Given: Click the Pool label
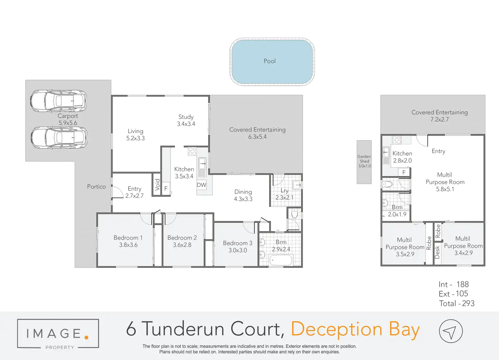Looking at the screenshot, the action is pos(270,61).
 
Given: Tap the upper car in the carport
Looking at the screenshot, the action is pos(58,101).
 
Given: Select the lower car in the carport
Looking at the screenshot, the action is pos(59,137).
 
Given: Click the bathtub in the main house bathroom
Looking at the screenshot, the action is pos(281,261).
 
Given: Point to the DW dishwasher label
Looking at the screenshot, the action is pos(201,185).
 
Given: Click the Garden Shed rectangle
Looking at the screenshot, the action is pos(364,162).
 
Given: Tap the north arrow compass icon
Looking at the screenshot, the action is pos(451,331).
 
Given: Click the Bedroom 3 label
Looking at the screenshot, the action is pos(237,243).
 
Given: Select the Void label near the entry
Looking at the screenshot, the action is pos(157,185).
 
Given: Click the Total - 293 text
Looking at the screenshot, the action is pos(457,303).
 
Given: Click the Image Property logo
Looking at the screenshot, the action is pos(58,334).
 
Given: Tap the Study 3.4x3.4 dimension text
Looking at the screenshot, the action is pos(186,124).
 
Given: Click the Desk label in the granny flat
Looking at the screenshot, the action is pos(437,252).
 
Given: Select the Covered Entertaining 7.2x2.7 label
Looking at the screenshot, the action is pos(439,116).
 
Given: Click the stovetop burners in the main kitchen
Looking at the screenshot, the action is pos(192,151).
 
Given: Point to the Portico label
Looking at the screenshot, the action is pos(96,186).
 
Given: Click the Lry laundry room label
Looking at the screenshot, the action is pos(284,191).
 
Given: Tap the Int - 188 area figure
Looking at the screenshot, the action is pos(454,284).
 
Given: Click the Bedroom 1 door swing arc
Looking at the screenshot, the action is pos(146,219).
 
